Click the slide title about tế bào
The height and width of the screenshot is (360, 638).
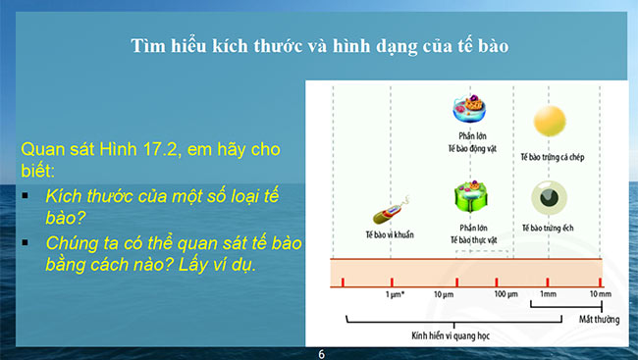click(x=320, y=46)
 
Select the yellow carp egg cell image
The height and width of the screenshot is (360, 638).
click(x=549, y=122)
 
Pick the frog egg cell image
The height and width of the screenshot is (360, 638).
click(x=548, y=197)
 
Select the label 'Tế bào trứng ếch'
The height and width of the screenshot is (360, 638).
click(x=547, y=228)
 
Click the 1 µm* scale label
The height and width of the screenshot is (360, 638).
click(x=396, y=294)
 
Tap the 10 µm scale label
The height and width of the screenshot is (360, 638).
click(x=443, y=294)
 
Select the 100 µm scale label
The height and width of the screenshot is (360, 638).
click(x=505, y=294)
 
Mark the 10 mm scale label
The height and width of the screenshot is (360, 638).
click(x=599, y=294)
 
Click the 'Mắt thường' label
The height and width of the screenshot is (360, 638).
click(x=591, y=318)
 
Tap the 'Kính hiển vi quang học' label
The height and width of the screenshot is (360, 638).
click(x=451, y=334)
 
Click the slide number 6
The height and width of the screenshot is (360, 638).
click(x=320, y=352)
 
